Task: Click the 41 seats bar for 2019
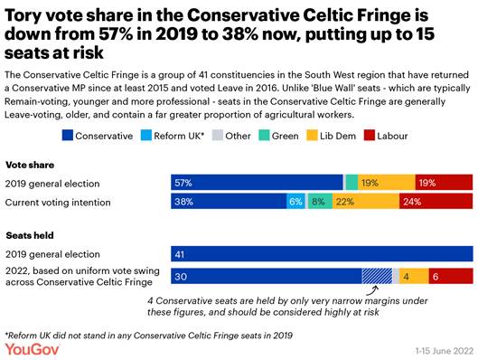click(322, 255)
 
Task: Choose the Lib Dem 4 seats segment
click(409, 277)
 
